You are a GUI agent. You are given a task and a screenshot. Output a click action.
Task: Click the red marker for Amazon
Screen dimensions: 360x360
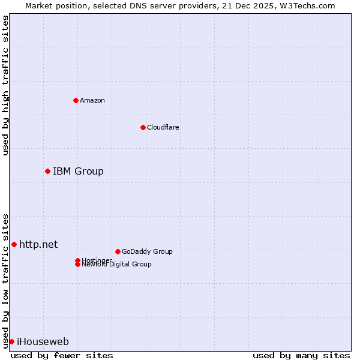pyautogui.click(x=76, y=100)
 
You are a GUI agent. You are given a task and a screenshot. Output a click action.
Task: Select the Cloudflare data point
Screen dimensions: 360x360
pyautogui.click(x=143, y=127)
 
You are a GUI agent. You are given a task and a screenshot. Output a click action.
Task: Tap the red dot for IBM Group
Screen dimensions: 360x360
pyautogui.click(x=47, y=172)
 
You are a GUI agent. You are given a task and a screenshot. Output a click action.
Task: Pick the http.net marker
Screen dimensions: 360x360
pyautogui.click(x=14, y=244)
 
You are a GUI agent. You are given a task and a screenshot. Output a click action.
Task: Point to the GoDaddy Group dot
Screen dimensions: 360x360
pyautogui.click(x=118, y=251)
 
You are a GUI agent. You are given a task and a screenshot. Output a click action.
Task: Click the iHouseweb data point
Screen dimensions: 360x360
pyautogui.click(x=11, y=341)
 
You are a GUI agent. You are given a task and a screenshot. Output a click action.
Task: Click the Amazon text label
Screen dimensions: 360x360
pyautogui.click(x=92, y=100)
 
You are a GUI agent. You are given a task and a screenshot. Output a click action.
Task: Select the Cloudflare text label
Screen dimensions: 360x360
pyautogui.click(x=163, y=127)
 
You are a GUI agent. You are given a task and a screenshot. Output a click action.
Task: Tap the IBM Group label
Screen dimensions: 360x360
pyautogui.click(x=78, y=172)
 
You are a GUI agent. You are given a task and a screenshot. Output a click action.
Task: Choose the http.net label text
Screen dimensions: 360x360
pyautogui.click(x=38, y=244)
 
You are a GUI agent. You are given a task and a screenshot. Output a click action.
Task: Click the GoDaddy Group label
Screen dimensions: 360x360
pyautogui.click(x=147, y=251)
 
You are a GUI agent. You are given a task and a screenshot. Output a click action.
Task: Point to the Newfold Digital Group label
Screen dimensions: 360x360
pyautogui.click(x=117, y=265)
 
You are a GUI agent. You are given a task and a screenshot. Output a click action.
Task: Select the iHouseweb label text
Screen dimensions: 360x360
pyautogui.click(x=43, y=342)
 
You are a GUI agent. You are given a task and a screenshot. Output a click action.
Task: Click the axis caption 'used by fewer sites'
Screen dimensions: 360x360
pyautogui.click(x=62, y=355)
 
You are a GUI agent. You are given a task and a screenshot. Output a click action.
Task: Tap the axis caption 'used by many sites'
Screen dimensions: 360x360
pyautogui.click(x=301, y=355)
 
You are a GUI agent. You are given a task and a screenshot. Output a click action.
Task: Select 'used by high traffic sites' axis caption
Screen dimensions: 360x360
pyautogui.click(x=6, y=85)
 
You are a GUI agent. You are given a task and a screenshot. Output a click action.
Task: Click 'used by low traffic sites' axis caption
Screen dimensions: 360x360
pyautogui.click(x=6, y=281)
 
